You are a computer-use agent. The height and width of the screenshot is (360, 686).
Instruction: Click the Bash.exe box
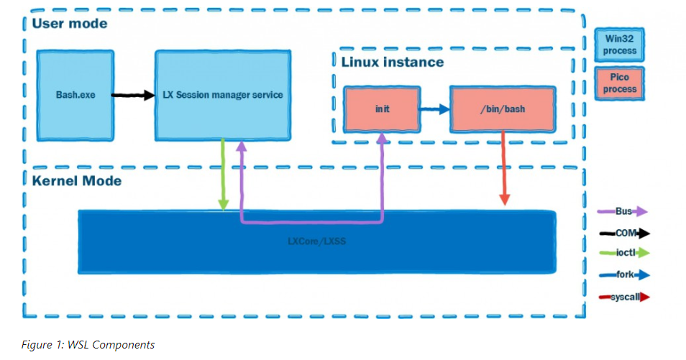click(76, 95)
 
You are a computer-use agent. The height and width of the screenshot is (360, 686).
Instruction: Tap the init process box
click(381, 110)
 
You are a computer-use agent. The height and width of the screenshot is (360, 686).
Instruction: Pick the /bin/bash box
click(503, 109)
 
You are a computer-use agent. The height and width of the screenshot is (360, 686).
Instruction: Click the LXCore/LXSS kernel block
click(316, 241)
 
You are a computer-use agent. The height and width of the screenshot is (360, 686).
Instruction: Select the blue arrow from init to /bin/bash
click(434, 110)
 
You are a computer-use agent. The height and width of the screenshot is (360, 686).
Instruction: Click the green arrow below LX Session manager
click(224, 172)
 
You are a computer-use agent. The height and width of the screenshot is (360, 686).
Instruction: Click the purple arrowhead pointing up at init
click(381, 141)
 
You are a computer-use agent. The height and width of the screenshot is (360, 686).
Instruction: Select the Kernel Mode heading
click(76, 180)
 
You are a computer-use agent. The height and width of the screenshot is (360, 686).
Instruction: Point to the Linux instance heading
click(392, 62)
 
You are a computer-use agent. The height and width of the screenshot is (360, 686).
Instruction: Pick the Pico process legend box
click(619, 83)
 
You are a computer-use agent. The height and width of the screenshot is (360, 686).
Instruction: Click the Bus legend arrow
click(623, 211)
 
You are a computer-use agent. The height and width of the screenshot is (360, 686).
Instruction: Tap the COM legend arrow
click(623, 233)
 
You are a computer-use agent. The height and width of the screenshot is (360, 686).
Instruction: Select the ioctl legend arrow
click(623, 252)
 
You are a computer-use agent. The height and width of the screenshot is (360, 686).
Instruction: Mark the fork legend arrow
click(623, 274)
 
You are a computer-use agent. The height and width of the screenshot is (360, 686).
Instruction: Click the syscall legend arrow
click(623, 296)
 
